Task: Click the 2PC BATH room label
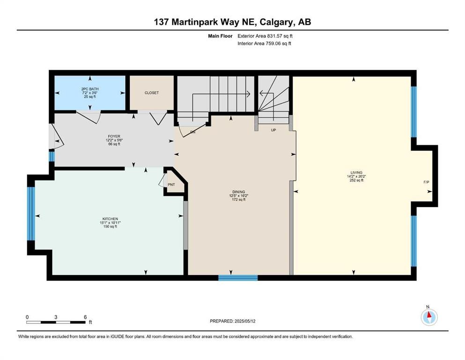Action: pyautogui.click(x=90, y=89)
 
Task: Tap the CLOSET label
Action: pyautogui.click(x=151, y=93)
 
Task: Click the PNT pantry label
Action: pyautogui.click(x=171, y=185)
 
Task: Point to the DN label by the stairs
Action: pyautogui.click(x=192, y=133)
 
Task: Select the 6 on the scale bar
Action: pyautogui.click(x=85, y=317)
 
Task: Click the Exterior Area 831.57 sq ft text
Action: pyautogui.click(x=267, y=36)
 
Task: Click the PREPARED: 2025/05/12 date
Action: pyautogui.click(x=233, y=321)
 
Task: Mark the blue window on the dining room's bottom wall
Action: pyautogui.click(x=238, y=277)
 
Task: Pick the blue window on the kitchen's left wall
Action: pyautogui.click(x=31, y=213)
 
